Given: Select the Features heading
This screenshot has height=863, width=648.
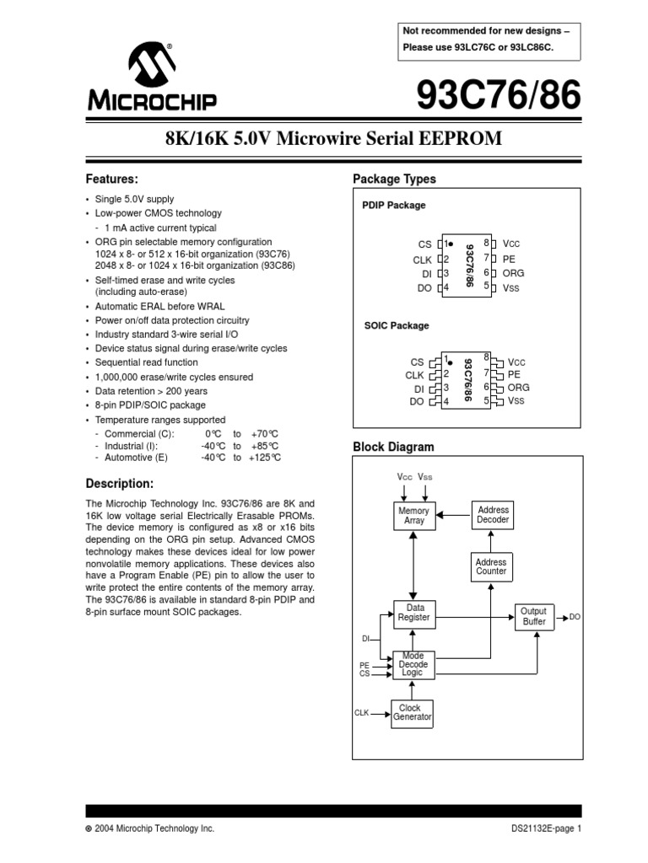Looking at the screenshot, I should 112,180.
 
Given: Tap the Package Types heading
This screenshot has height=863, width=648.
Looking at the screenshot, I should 394,180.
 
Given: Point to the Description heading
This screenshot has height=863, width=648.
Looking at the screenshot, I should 121,484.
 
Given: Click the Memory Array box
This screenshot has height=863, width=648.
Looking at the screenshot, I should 413,516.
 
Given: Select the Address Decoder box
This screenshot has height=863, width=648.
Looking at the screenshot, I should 493,515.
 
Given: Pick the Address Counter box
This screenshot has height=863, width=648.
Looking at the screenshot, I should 491,566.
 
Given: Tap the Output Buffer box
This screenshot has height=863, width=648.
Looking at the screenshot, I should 534,616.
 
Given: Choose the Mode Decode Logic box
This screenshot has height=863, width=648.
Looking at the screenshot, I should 413,664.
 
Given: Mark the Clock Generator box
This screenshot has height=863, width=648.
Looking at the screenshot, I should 413,713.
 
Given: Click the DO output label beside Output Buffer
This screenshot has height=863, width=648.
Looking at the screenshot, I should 575,617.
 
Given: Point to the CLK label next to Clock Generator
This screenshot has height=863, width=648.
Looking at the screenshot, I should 361,713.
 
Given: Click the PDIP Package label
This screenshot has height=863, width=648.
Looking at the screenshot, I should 393,205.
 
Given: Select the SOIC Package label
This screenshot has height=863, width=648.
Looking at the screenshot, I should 396,325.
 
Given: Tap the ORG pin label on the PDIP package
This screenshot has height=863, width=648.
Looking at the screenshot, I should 514,273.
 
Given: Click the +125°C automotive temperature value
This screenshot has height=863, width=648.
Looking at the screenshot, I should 264,458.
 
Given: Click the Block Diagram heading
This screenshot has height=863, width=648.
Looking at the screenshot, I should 393,447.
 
